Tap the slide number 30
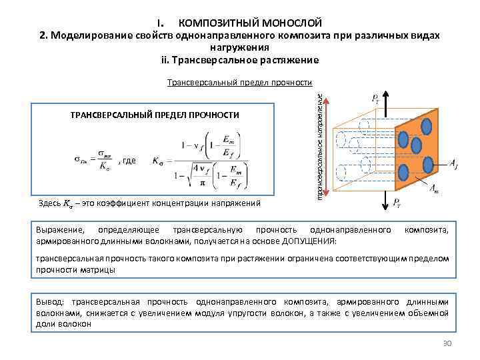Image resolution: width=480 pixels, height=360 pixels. point(447,343)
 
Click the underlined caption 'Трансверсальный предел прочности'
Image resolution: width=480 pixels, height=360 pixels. point(239,83)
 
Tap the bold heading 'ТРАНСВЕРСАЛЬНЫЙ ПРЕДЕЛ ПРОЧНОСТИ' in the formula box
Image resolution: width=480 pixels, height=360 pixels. point(154,115)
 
